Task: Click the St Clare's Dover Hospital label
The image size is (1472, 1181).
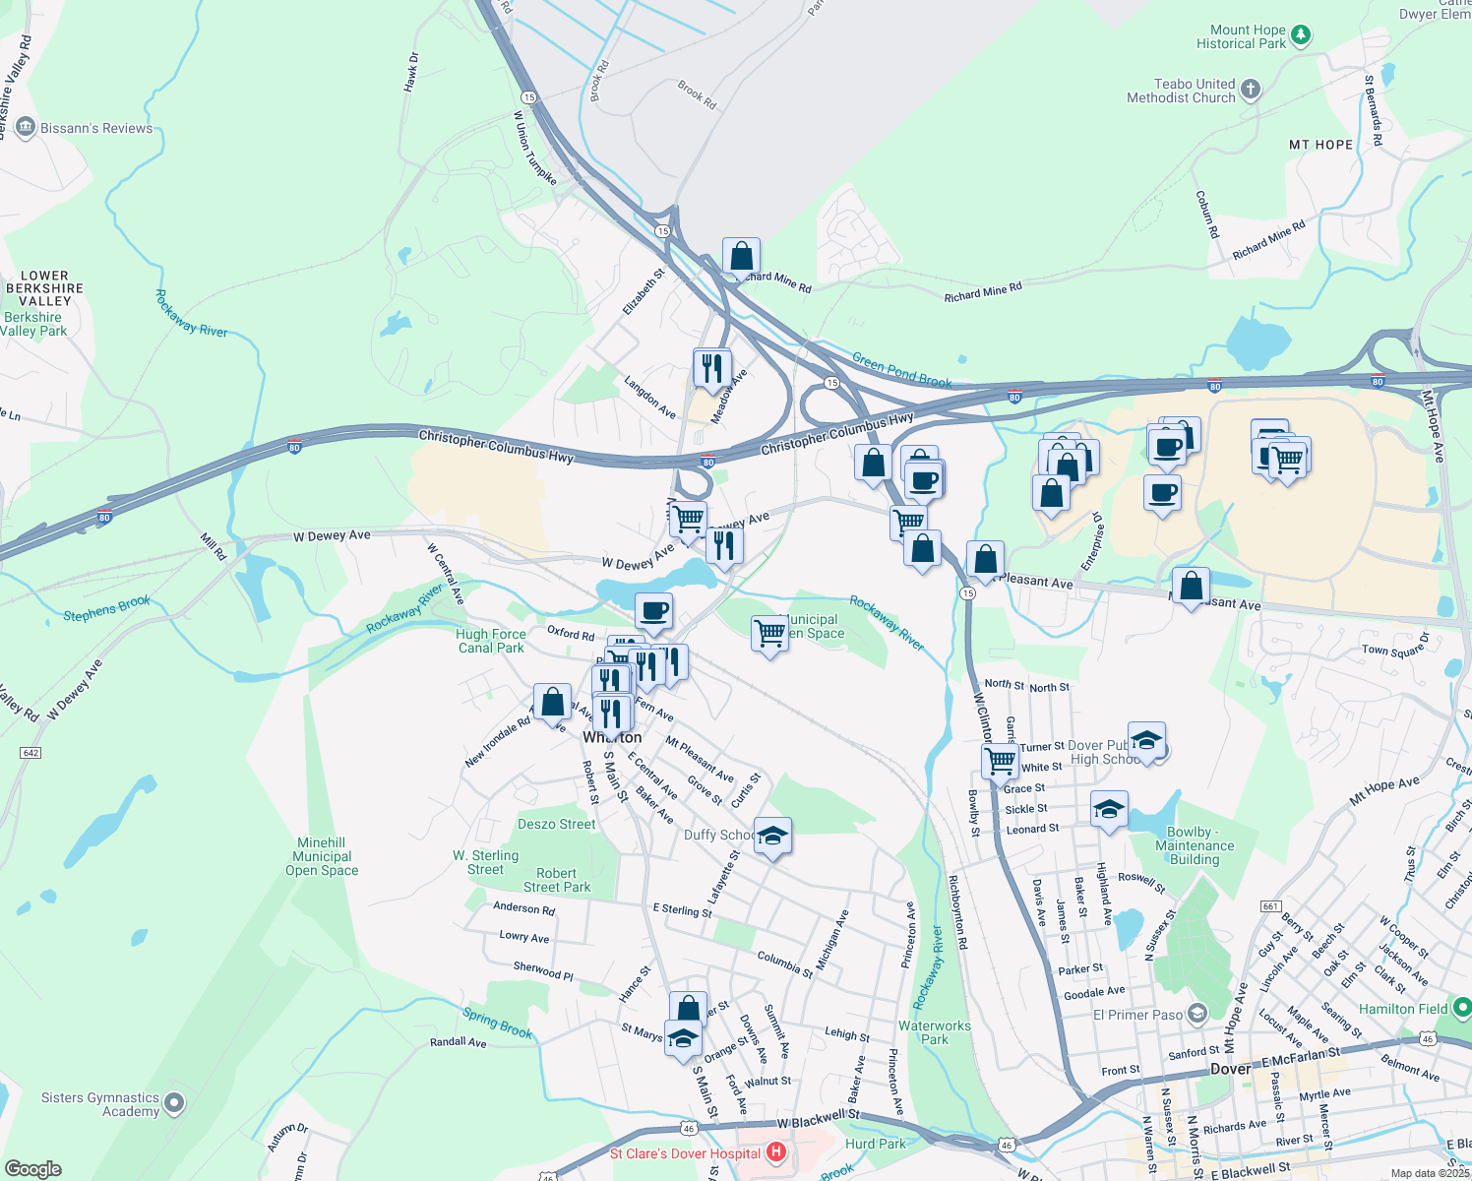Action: click(685, 1153)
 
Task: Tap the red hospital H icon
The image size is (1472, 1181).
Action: click(776, 1151)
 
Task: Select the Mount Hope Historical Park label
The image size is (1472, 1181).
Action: click(1241, 37)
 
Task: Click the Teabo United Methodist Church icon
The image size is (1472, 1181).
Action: click(1251, 91)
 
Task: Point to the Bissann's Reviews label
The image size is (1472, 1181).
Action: click(96, 128)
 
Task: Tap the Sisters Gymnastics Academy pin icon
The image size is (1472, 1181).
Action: click(174, 1103)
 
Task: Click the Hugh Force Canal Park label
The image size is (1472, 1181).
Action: click(491, 641)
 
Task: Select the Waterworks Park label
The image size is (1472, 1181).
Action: click(935, 1032)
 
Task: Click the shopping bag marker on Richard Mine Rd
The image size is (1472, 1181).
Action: click(741, 257)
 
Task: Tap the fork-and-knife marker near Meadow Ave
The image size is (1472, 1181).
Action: click(711, 368)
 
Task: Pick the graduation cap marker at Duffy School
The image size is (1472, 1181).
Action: click(772, 837)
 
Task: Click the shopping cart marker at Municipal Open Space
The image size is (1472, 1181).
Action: click(769, 633)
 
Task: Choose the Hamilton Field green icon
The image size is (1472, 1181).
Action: click(1461, 1008)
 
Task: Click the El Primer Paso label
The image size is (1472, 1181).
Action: click(1138, 1015)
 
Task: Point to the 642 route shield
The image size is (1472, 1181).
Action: click(31, 753)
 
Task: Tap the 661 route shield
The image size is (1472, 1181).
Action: click(1270, 906)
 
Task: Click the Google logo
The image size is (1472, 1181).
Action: click(32, 1169)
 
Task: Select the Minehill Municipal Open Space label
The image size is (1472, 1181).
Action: click(322, 856)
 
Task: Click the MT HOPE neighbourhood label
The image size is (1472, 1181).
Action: click(1320, 145)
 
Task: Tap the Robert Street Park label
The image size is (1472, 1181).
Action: click(556, 880)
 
